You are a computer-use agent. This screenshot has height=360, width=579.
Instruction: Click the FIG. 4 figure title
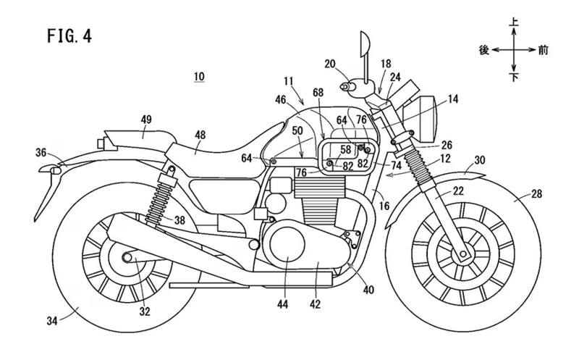[x=69, y=33]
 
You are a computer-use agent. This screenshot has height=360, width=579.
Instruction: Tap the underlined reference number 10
[x=199, y=75]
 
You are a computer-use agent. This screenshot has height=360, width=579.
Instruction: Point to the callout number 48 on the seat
[x=200, y=134]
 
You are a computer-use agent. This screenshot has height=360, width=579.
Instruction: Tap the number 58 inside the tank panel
[x=345, y=149]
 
